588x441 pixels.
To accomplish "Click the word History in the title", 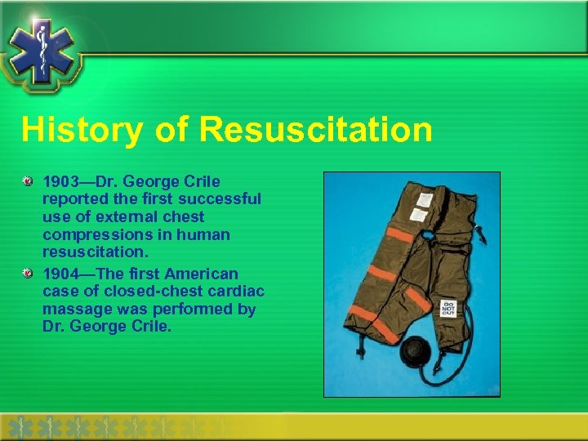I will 70,130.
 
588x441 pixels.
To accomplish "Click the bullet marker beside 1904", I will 28,273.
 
